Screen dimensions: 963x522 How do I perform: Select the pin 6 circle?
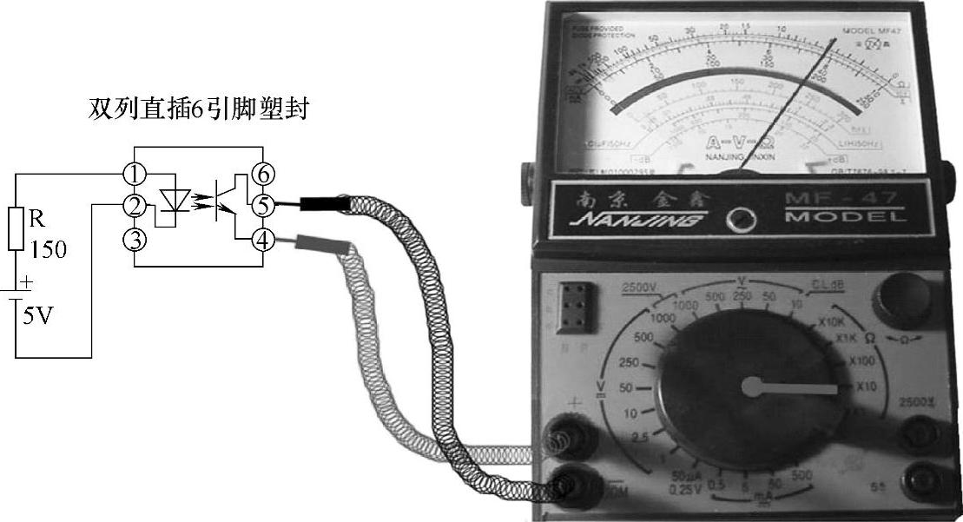(x=261, y=175)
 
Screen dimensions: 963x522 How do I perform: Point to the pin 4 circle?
(x=261, y=237)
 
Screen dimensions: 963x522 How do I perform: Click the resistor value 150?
(x=48, y=251)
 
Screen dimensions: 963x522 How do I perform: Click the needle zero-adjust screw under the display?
(x=740, y=217)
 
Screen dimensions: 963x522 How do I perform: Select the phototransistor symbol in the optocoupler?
(x=230, y=206)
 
